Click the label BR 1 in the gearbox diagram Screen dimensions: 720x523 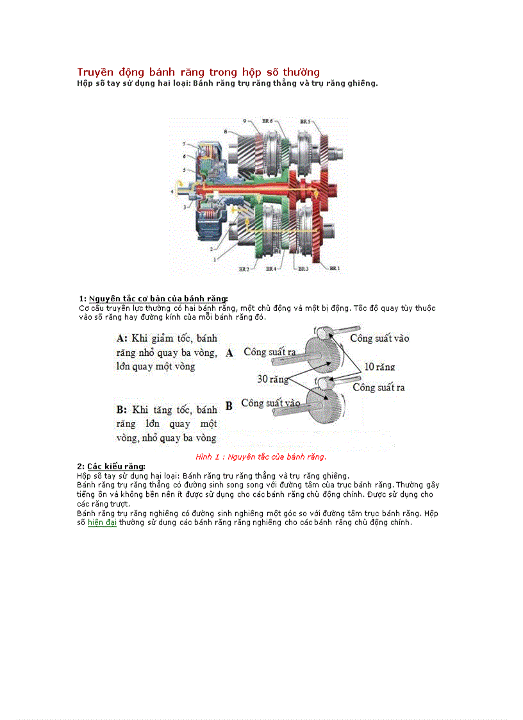point(334,268)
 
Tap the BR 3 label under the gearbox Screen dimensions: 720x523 point(303,269)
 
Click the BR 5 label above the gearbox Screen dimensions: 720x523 point(305,121)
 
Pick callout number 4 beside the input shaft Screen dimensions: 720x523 point(172,191)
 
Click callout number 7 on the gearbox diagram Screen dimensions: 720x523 point(183,144)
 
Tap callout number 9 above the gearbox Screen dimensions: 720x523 point(244,121)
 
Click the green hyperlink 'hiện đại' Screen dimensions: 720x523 point(102,523)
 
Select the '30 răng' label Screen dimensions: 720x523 point(271,379)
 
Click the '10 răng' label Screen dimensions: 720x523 point(379,367)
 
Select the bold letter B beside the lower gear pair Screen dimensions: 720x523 point(229,406)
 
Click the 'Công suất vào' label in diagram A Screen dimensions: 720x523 point(379,338)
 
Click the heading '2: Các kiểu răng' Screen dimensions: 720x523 point(111,466)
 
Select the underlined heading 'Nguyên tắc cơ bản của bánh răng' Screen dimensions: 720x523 point(158,299)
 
